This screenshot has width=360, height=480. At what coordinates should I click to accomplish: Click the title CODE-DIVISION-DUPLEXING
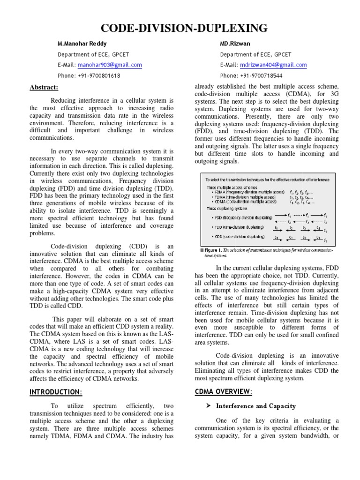coord(180,29)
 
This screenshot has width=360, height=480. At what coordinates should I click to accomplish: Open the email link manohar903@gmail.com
coord(110,65)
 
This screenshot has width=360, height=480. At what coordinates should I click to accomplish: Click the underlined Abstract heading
coord(44,88)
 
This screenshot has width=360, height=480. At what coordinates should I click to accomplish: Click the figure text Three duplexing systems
coord(227,208)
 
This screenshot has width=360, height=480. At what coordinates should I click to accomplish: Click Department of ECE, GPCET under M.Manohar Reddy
coord(87,54)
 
